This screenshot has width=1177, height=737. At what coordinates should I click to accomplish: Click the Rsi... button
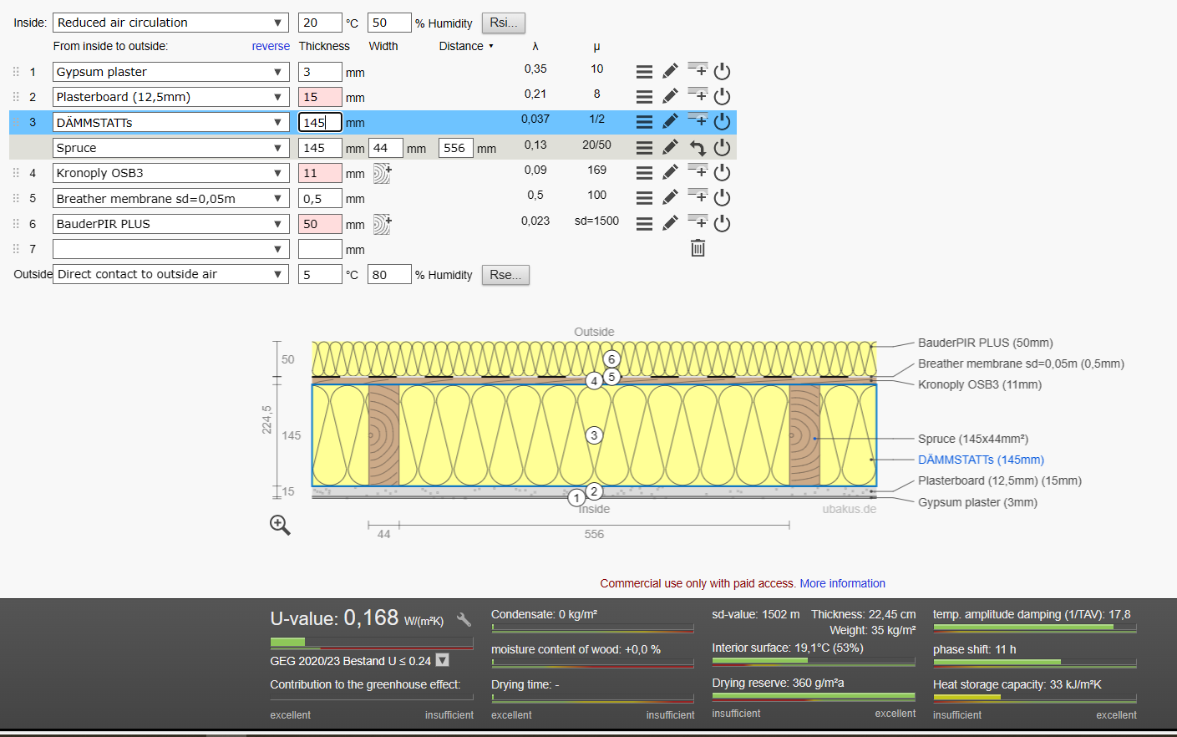click(504, 23)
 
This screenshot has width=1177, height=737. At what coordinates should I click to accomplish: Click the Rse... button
click(505, 274)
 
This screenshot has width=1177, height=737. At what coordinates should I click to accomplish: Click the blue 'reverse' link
click(271, 46)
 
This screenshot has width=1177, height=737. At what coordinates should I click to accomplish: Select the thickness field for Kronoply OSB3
click(320, 173)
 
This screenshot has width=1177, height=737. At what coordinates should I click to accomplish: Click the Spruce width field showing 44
click(386, 148)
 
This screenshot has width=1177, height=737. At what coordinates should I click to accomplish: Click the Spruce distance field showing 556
click(455, 148)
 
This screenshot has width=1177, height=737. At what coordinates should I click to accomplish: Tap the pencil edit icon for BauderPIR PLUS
click(670, 223)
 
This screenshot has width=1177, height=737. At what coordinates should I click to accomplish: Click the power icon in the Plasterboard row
click(722, 96)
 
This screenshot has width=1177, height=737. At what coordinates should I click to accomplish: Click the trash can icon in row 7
click(698, 248)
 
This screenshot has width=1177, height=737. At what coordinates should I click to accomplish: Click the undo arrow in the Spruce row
click(698, 148)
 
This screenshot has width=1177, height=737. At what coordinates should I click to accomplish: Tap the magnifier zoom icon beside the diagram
click(280, 525)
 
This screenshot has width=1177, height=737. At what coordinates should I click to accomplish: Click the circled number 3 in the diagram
click(594, 435)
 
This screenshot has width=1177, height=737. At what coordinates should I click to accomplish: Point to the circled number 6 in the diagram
click(611, 359)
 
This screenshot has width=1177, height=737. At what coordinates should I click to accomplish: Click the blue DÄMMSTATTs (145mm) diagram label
click(981, 460)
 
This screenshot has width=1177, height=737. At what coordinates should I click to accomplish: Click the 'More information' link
click(842, 583)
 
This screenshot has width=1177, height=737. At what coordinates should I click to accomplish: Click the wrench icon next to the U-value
click(464, 619)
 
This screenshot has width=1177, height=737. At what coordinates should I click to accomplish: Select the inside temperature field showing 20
click(320, 23)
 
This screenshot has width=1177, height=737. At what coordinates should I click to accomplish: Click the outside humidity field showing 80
click(389, 274)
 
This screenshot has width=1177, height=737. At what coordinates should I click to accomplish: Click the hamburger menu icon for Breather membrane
click(644, 198)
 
